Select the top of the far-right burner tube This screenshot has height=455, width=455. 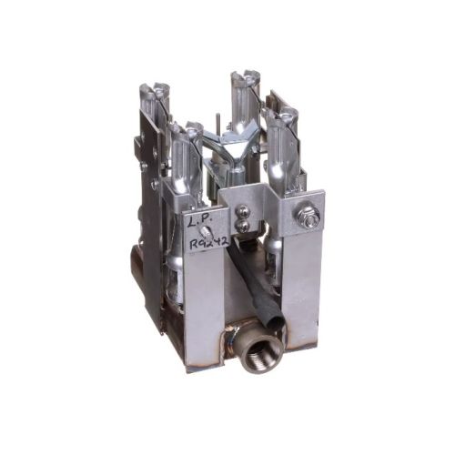pos(289,116)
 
